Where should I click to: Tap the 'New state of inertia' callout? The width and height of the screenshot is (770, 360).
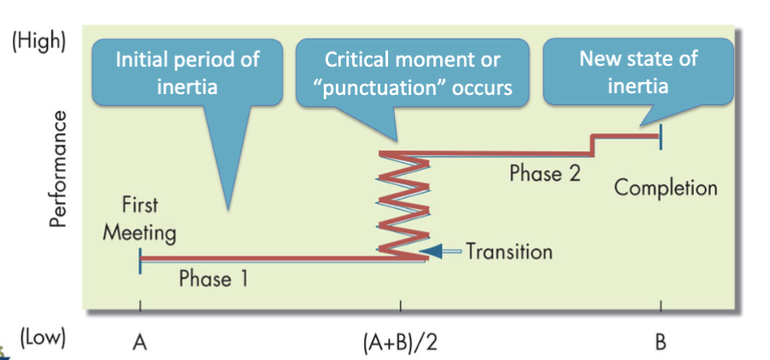coord(638,72)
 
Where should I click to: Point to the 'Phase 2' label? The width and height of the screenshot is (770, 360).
coord(545,173)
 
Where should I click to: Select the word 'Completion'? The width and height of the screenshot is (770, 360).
coord(665,187)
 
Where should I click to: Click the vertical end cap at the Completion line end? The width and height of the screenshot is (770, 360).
coord(660,134)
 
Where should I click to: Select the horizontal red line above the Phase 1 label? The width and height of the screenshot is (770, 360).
coord(256,258)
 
